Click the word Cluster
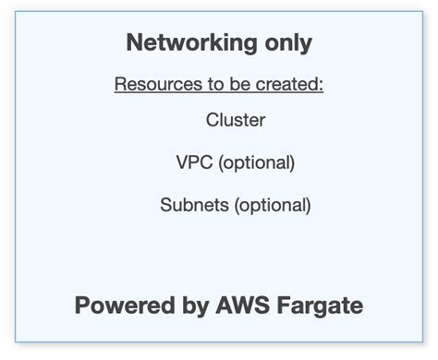coord(236,120)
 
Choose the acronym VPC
coord(192,162)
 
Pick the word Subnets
coord(194,205)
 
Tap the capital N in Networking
coord(134,42)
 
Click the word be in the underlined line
coord(245,86)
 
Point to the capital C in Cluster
coord(213,120)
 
